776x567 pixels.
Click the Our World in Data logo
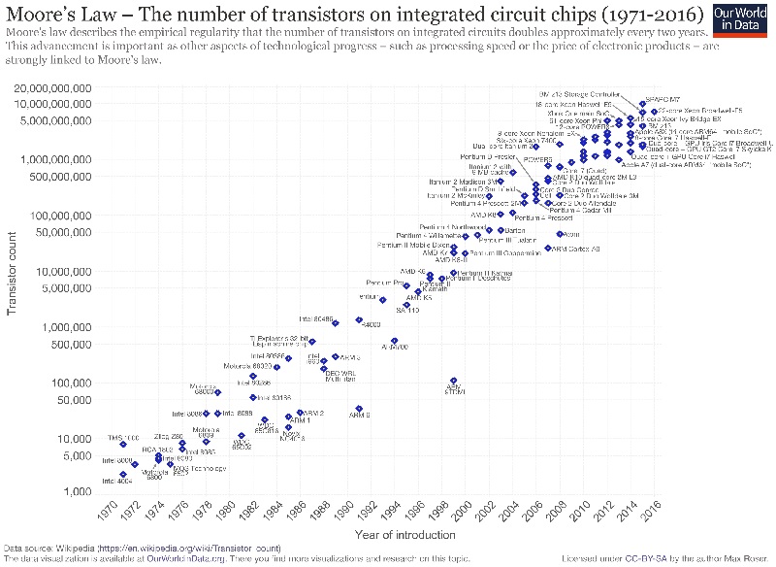click(x=742, y=21)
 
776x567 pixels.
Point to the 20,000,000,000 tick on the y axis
click(x=61, y=88)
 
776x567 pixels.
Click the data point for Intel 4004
click(x=123, y=475)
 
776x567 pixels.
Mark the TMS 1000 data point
click(x=123, y=444)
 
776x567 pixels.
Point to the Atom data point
click(x=561, y=234)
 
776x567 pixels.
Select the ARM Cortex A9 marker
click(x=547, y=249)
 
